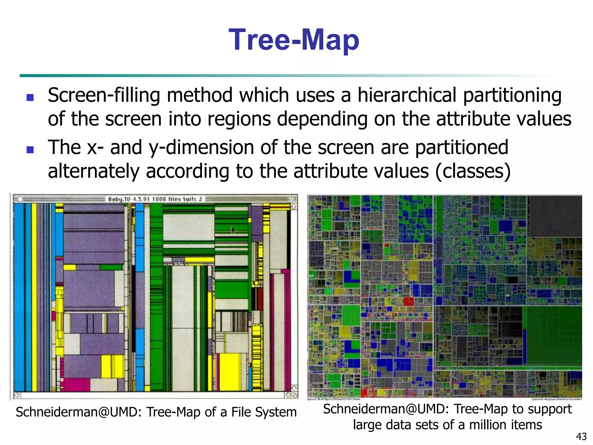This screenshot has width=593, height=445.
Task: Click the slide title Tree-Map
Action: [294, 40]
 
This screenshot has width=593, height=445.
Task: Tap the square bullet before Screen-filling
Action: [30, 97]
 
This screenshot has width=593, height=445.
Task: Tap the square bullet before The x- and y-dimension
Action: [30, 150]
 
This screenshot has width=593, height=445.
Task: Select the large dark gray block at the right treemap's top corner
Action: [554, 216]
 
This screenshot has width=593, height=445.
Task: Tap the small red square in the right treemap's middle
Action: [409, 301]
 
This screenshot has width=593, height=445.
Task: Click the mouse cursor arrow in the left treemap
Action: [233, 230]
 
